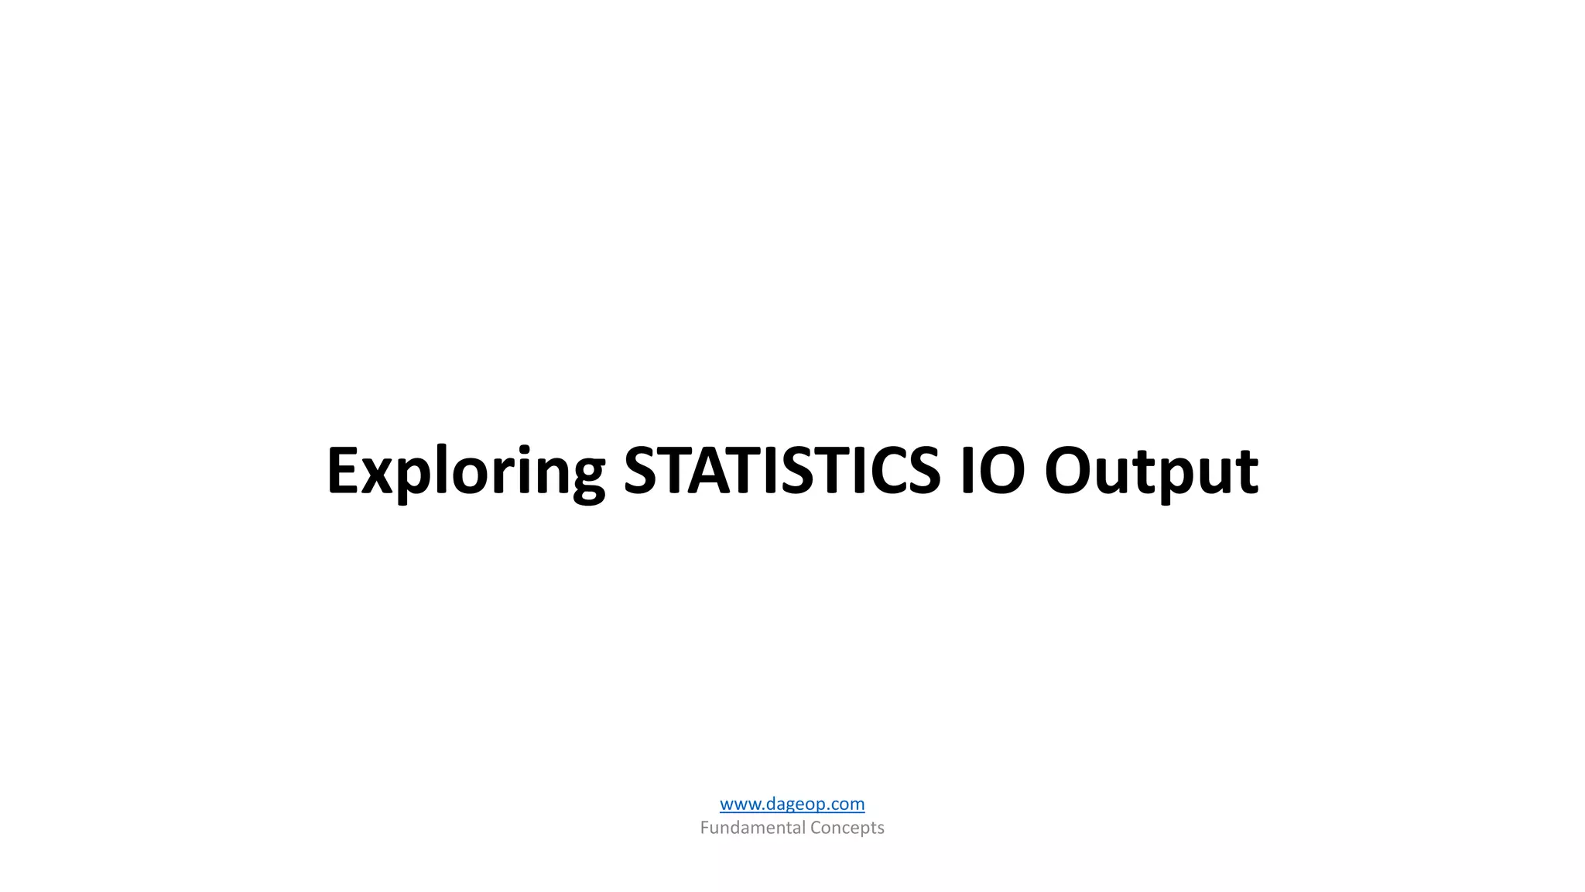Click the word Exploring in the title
pos(465,471)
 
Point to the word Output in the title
pos(1151,471)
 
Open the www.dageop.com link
pos(792,804)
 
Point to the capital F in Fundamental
pos(704,828)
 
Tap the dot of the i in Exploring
pos(524,448)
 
